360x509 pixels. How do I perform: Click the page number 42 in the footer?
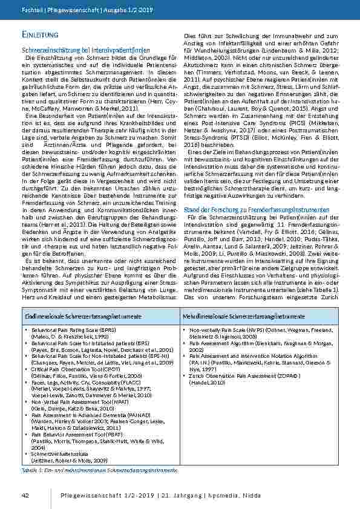pyautogui.click(x=25, y=496)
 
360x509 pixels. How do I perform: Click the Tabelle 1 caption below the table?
pyautogui.click(x=100, y=469)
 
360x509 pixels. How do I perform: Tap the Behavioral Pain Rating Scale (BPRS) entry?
pyautogui.click(x=70, y=330)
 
